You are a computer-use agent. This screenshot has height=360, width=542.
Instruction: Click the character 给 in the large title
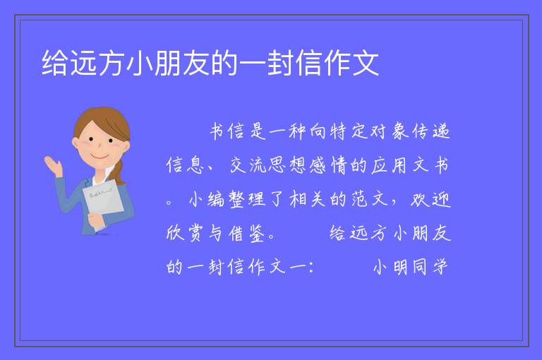(x=54, y=63)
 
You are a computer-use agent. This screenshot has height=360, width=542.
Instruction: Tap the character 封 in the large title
(x=280, y=63)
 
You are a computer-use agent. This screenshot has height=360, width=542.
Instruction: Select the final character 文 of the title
(x=366, y=63)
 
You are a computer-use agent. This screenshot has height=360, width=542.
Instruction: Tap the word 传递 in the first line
(x=430, y=131)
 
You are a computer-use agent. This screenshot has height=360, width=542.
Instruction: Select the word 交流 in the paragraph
(x=248, y=165)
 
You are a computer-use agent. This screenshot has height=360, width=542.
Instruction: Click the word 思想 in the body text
(x=287, y=165)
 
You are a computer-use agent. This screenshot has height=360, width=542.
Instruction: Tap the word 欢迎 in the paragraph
(x=430, y=199)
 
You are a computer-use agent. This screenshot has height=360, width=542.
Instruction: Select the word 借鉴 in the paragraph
(x=247, y=233)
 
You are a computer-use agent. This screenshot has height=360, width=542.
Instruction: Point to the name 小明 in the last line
(x=390, y=267)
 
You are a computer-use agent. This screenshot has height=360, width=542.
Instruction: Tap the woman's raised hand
(x=54, y=166)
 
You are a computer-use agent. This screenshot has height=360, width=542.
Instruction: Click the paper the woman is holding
(x=103, y=200)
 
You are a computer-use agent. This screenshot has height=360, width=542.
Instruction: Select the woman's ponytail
(x=119, y=172)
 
